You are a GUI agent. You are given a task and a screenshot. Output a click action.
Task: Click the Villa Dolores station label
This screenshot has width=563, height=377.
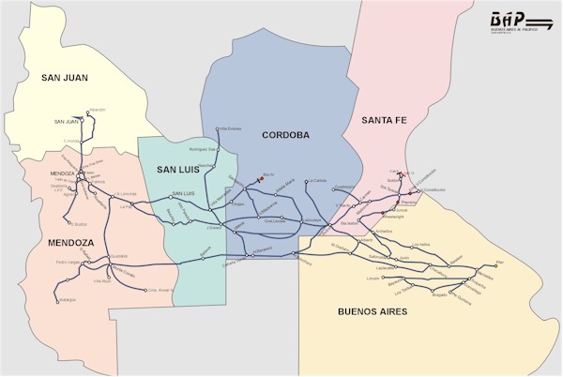coord(230,128)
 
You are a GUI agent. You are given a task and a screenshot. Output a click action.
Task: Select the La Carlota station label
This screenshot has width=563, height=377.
coord(318,180)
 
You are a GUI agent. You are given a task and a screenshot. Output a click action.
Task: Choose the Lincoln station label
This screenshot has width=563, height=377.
coord(373,279)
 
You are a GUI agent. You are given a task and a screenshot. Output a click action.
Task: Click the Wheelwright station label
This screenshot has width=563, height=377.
coord(394,216)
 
